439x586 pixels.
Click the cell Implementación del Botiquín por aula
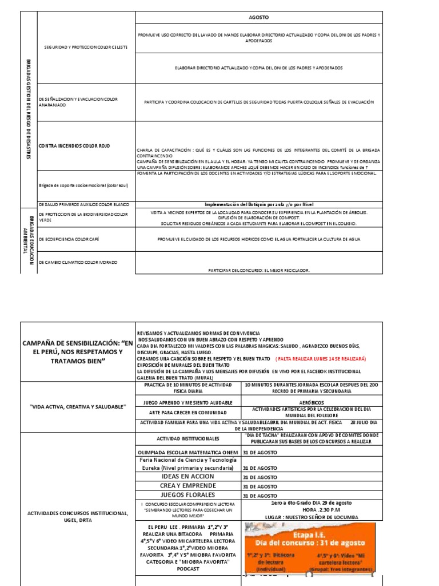point(259,204)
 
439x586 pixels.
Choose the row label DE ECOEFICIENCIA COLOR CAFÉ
point(69,239)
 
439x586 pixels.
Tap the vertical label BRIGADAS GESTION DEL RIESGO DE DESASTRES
point(29,109)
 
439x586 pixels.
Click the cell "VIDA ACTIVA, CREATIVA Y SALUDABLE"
point(78,406)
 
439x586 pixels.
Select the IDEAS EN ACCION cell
point(187,477)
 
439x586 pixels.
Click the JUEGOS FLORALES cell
point(187,495)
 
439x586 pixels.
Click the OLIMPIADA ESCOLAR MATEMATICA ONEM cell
point(187,452)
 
